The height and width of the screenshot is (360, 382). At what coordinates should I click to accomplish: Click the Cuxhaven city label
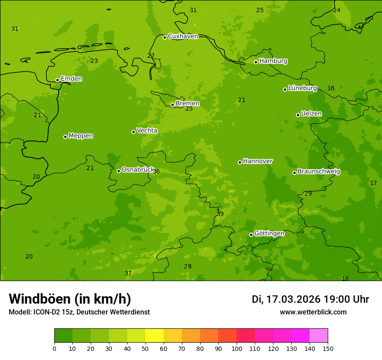tap(183, 36)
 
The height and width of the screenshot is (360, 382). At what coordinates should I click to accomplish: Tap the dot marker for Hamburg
tap(256, 62)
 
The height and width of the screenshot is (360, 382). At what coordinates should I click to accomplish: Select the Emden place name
tap(71, 79)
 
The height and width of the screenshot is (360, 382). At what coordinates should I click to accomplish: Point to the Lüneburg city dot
tap(285, 89)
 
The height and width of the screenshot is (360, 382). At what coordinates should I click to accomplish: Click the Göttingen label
tap(269, 234)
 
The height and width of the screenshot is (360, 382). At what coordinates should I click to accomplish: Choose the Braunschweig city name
tap(319, 172)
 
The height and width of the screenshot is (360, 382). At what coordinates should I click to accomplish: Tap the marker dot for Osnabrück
tap(119, 171)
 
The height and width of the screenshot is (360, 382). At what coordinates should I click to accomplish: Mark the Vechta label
tap(147, 131)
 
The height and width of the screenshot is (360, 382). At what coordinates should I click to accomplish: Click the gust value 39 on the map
tap(220, 214)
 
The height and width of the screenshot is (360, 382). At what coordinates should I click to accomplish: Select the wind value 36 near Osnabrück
tap(156, 171)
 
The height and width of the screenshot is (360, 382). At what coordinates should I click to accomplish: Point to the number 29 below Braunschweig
tap(308, 193)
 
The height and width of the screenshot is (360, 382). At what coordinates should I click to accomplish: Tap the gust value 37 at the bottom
tap(128, 273)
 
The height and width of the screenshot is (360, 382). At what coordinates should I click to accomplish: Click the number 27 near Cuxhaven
tap(151, 56)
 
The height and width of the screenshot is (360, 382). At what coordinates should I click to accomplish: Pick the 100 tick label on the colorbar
tap(237, 348)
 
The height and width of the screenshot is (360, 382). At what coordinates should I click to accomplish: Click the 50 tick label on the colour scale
tap(145, 348)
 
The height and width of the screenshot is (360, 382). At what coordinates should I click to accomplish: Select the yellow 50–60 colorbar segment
tap(155, 335)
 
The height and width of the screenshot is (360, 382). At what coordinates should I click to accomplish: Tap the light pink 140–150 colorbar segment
tap(319, 335)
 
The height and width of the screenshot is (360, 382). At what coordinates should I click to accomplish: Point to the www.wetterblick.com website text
tap(313, 312)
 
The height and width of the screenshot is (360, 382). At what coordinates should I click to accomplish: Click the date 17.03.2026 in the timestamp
tap(293, 299)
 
